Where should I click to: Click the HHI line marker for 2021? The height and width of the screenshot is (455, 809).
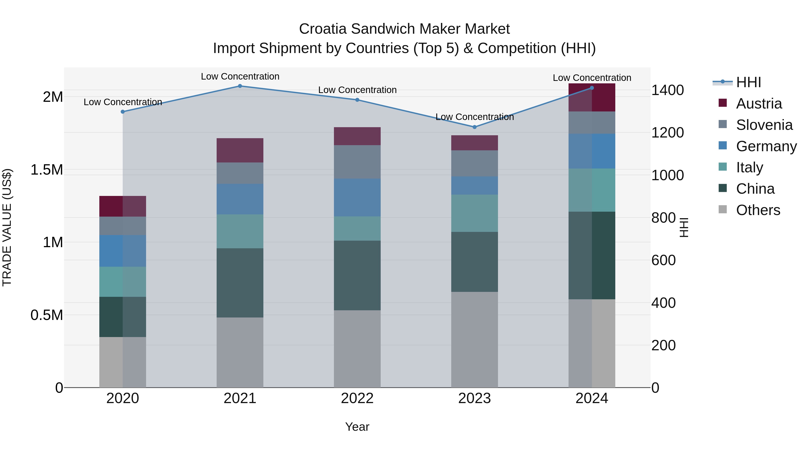point(240,86)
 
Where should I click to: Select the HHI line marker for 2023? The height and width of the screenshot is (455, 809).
point(475,127)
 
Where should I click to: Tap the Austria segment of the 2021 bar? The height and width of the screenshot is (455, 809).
point(240,150)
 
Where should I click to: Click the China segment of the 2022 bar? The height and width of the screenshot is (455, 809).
point(357,275)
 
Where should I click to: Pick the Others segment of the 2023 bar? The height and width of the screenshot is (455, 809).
point(475,340)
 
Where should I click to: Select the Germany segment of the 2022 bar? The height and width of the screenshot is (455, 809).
point(357,198)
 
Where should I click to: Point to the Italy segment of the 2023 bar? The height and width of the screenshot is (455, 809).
point(475,213)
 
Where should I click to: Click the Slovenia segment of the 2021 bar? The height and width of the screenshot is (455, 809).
point(240,173)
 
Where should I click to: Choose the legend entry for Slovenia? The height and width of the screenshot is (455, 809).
point(764,125)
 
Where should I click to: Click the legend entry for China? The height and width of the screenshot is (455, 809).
point(755,189)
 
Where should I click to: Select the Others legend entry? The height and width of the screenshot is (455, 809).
point(758,210)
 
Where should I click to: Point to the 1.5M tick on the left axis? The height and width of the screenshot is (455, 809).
point(47,170)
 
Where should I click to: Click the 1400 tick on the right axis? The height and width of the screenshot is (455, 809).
point(667,90)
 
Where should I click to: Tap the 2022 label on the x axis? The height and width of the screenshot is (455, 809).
point(357,398)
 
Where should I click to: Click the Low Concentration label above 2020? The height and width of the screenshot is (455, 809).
point(123,102)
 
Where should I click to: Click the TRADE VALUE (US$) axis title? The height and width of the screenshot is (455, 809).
point(7,228)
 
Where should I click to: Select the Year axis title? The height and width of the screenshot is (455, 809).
point(357,427)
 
